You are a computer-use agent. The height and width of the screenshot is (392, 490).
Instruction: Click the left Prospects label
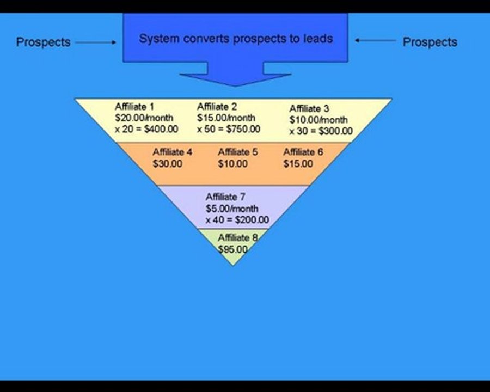coord(43,42)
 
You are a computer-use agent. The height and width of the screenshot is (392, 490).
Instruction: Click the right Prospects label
coord(430,42)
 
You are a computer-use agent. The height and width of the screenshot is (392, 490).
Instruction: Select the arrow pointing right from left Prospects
coord(96,42)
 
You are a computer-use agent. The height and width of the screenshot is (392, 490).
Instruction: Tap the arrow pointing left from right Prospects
coord(375,40)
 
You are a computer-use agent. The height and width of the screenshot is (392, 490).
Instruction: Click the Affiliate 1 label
coord(134,107)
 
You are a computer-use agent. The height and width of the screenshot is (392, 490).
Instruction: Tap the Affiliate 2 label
coord(217,107)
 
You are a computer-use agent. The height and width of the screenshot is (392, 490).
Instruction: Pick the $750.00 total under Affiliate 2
coord(243,129)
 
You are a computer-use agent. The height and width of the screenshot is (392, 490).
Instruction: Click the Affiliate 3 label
coord(309,108)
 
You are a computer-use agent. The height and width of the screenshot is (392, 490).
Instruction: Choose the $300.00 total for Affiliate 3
coord(335,131)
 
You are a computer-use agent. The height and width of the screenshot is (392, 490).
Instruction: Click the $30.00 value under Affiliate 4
coord(168,163)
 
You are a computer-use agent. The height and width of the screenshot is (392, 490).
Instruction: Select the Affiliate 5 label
coord(238,152)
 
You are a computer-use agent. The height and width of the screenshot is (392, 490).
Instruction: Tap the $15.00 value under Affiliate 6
coord(298,163)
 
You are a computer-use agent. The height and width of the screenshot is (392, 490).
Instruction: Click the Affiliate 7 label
coord(225,197)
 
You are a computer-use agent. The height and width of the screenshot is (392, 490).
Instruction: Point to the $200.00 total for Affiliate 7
coord(252,220)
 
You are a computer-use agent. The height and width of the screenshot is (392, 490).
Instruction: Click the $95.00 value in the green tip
coord(233,249)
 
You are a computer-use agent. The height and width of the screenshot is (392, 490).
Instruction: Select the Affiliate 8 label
coord(238,237)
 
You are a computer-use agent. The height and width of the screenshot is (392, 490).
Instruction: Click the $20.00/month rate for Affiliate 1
coord(144,118)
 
